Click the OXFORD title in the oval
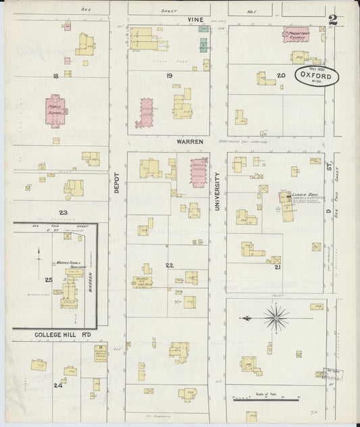coord(317,77)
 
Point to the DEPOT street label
coord(116,181)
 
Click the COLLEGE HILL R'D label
coord(61,334)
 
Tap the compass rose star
coord(276,318)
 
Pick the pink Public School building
coord(55,109)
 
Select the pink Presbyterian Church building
coord(296,34)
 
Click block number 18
coord(55,76)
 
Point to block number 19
coord(170,75)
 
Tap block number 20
coord(280,75)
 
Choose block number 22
coord(170,266)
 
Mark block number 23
coord(62,212)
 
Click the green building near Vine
coord(203,45)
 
